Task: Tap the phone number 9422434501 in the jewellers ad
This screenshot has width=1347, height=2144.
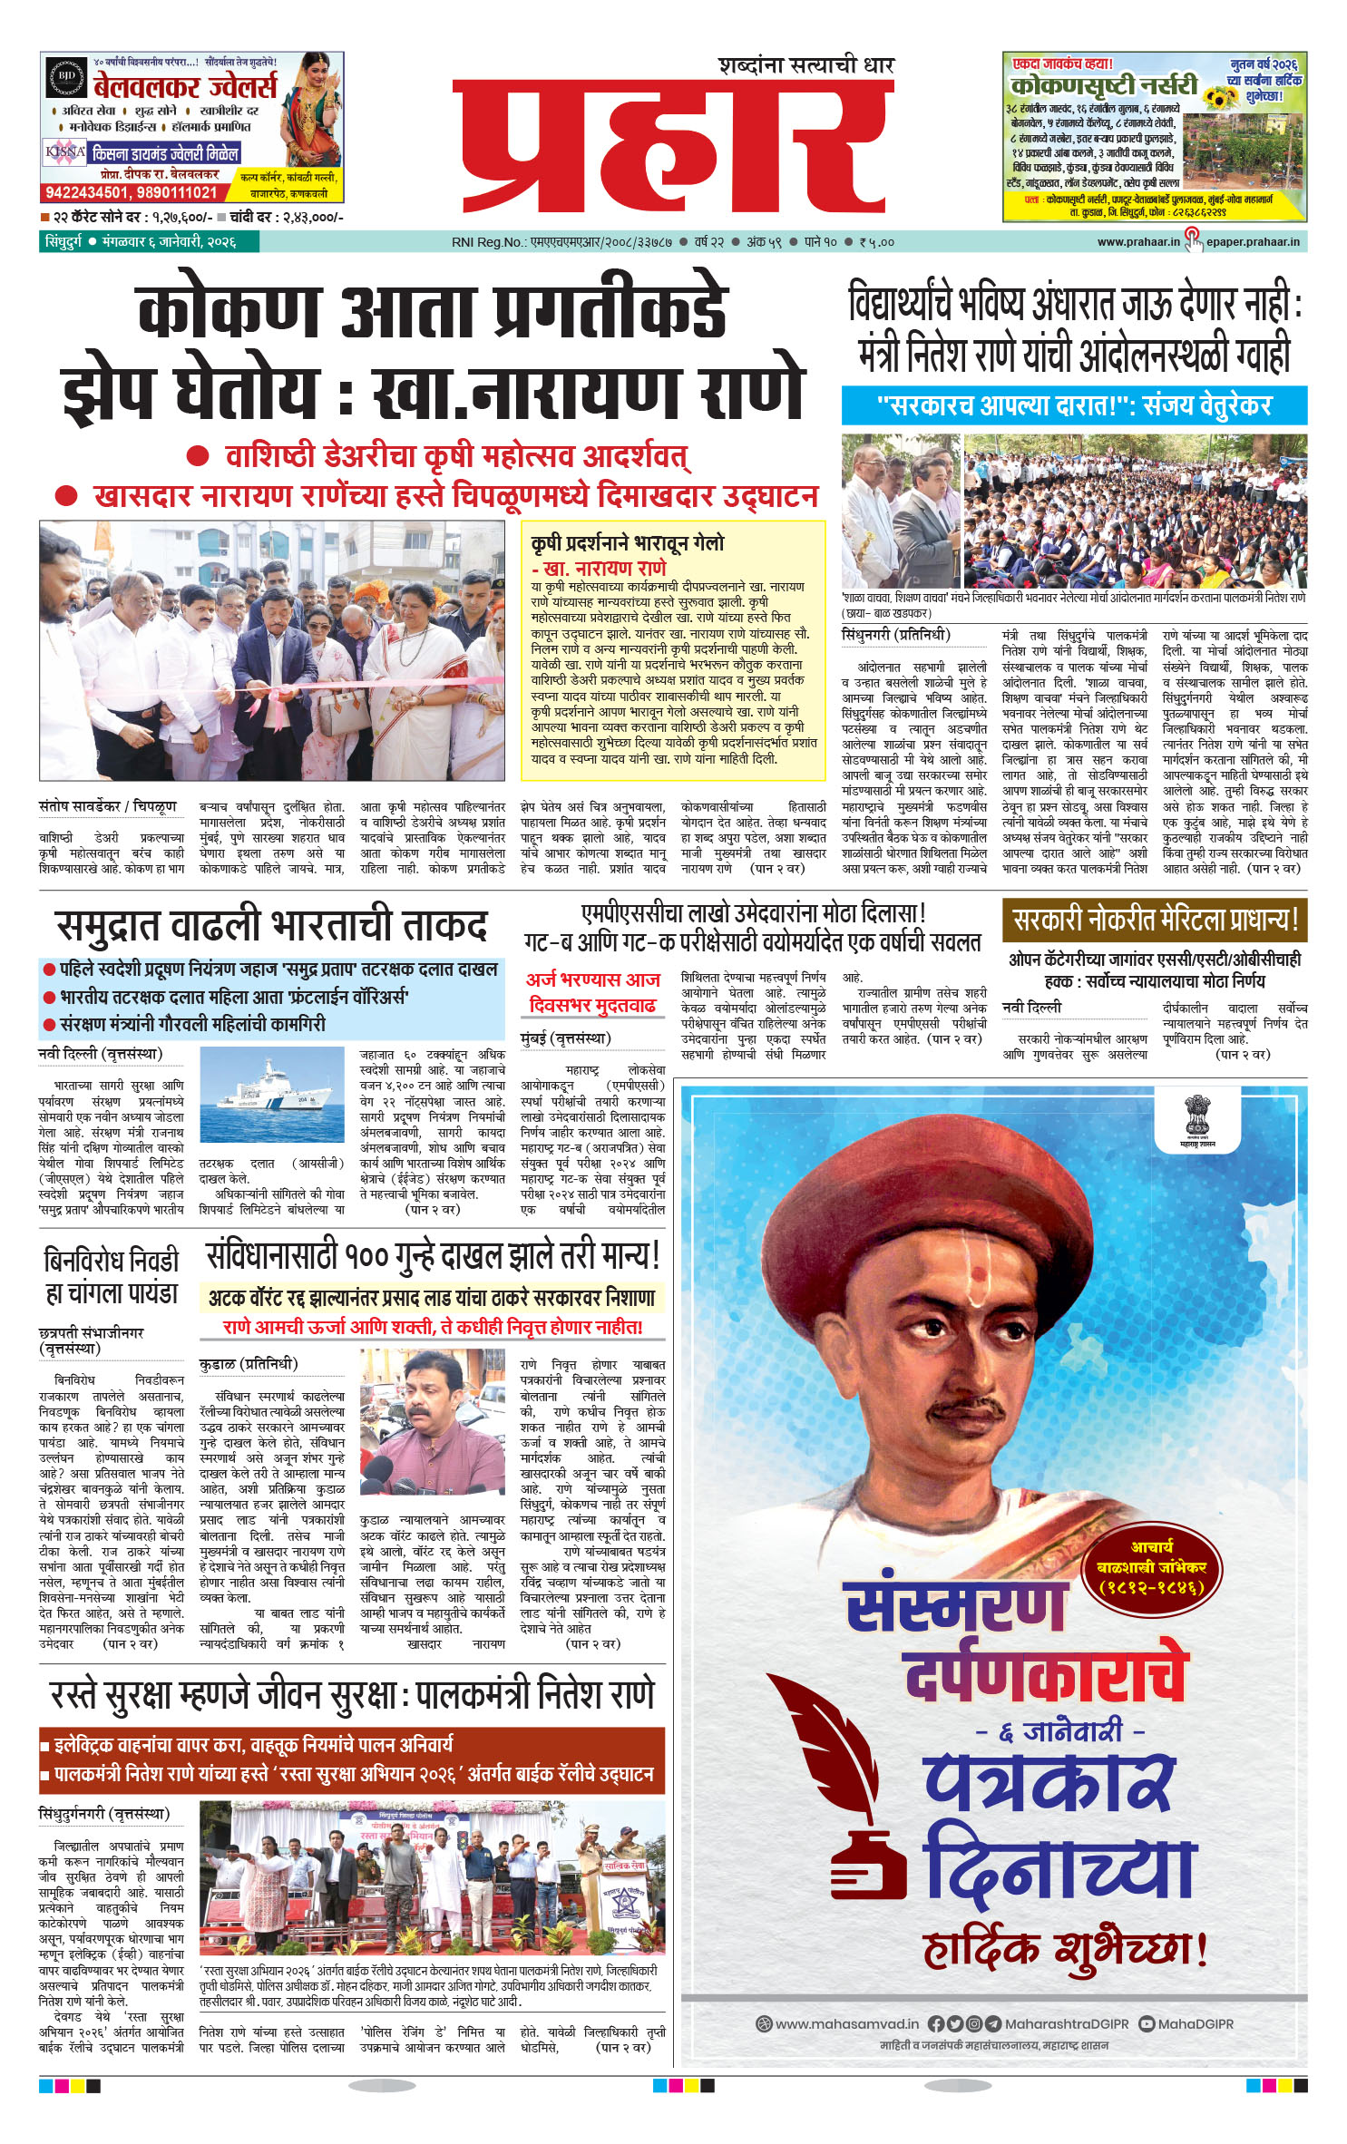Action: pos(86,192)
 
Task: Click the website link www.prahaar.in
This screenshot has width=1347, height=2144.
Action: pos(1137,242)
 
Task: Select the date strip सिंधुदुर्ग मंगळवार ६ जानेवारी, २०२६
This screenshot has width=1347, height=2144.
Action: pos(139,242)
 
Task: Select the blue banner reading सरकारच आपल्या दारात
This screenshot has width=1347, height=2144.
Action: pos(1073,405)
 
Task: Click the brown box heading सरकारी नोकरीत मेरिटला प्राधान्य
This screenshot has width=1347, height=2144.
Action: pos(1154,921)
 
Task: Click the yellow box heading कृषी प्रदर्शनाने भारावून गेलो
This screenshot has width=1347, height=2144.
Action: pos(628,543)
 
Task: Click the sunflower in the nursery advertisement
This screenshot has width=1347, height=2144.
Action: pos(1215,96)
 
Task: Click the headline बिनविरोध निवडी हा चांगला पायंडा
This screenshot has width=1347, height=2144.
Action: pos(111,1276)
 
